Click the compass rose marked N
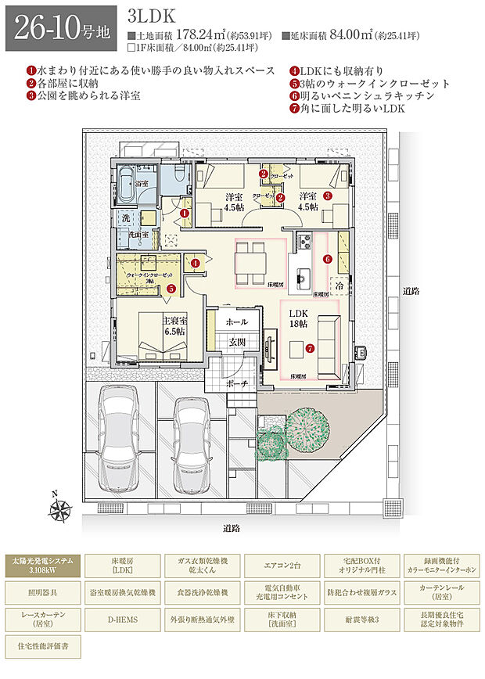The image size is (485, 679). (59, 509)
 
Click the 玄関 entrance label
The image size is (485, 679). (238, 343)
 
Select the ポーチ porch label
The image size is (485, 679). (238, 383)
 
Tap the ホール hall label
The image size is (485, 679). (236, 322)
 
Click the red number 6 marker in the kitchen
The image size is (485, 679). (328, 259)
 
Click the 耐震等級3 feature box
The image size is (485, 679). (363, 619)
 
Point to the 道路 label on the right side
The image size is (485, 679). (412, 291)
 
